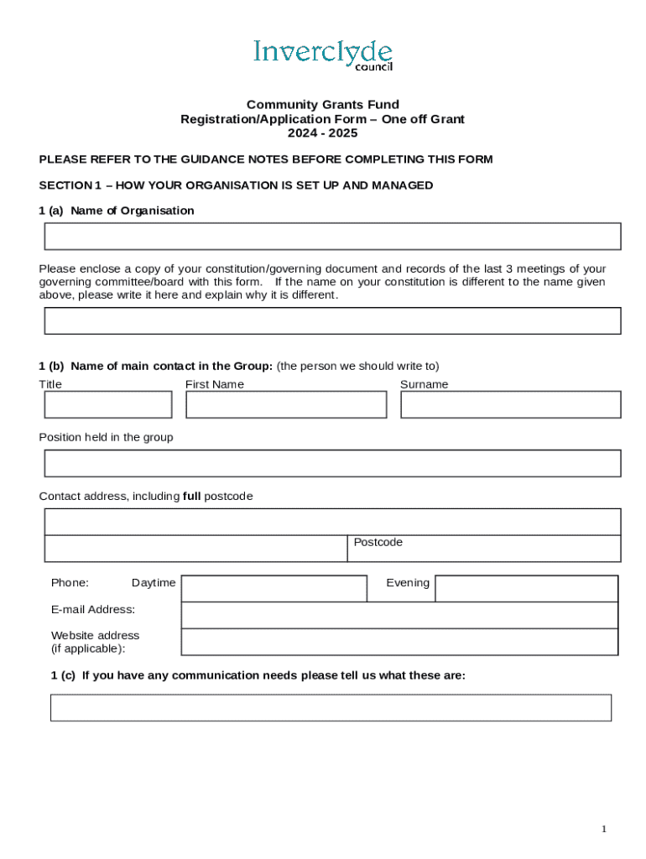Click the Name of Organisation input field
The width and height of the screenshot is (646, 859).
[332, 237]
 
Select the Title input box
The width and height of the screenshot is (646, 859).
[108, 404]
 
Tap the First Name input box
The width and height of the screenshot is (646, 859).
[286, 404]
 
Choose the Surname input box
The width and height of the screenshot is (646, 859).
[510, 404]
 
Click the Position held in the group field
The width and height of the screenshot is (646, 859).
[332, 463]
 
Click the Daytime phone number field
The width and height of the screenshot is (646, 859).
[274, 589]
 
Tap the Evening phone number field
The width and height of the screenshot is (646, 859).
[527, 589]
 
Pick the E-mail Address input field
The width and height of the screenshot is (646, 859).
[399, 615]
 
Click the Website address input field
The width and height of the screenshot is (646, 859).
[399, 642]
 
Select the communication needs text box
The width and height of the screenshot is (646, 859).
[331, 707]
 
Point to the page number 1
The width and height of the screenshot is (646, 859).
[603, 829]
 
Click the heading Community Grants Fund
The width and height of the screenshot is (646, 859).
[323, 105]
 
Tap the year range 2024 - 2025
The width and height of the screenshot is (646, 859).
[323, 133]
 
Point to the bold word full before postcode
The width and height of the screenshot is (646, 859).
[191, 496]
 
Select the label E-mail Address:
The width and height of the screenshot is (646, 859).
[93, 609]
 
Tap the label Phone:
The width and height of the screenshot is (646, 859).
[70, 582]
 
